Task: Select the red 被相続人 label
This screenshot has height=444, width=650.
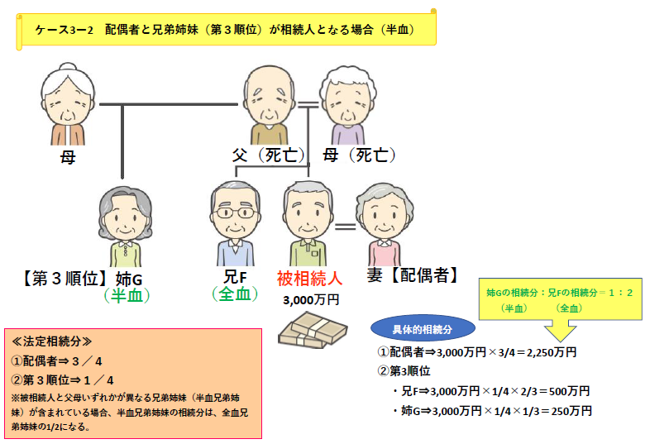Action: coord(309,276)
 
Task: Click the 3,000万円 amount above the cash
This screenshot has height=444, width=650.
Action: coord(311,298)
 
